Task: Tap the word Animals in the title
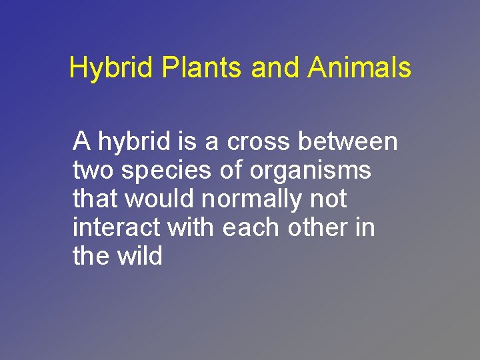pos(359,69)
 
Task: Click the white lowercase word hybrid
pos(135,142)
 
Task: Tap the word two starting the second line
pos(93,171)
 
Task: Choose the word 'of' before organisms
pos(231,171)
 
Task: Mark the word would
pos(156,199)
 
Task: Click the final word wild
pos(137,257)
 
